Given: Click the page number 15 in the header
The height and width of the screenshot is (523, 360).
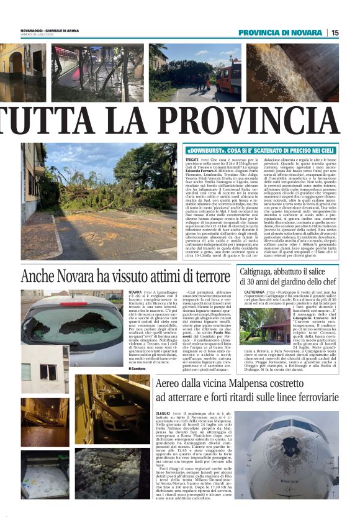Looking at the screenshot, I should click(x=335, y=32).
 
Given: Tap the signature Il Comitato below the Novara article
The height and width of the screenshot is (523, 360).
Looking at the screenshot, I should click(x=137, y=368).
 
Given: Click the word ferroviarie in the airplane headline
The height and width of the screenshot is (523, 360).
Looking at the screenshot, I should click(x=310, y=397).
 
